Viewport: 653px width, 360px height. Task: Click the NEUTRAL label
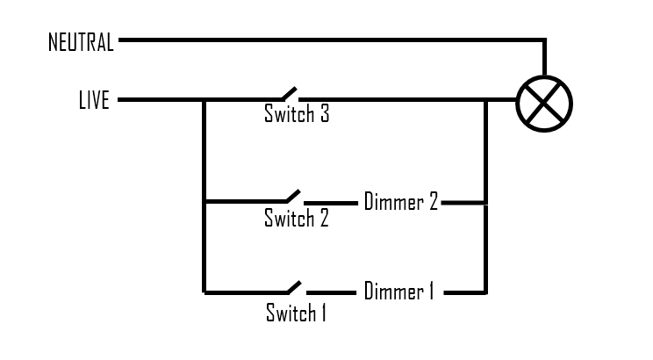pos(81,42)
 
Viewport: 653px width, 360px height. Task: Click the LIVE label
pos(94,101)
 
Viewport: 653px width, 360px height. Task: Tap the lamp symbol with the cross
pos(544,101)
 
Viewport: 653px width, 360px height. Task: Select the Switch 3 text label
pos(297,114)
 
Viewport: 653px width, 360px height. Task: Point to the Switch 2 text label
pos(297,218)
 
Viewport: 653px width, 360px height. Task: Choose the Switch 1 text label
pos(296,312)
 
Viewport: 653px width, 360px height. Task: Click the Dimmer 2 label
pos(400,202)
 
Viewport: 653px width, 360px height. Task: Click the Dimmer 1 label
pos(399,292)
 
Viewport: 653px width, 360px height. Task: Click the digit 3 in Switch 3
pos(324,114)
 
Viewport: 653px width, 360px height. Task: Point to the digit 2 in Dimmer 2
pos(433,202)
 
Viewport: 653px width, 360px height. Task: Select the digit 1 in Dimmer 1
pos(431,292)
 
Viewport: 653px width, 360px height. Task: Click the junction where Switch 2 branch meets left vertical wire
pos(204,203)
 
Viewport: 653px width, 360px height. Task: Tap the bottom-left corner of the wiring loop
pos(204,292)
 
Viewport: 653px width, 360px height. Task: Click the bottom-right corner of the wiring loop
pos(485,292)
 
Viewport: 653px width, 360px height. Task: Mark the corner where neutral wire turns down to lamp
pos(545,40)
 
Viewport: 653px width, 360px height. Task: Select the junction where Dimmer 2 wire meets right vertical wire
pos(485,203)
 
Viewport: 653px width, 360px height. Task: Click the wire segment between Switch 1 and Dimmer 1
pos(329,292)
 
